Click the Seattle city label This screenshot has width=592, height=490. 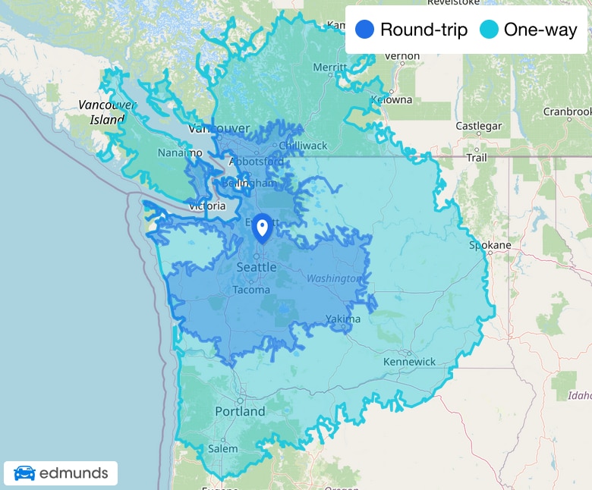click(257, 268)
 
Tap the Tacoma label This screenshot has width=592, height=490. click(251, 290)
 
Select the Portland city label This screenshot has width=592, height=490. click(240, 411)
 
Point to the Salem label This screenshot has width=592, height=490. click(222, 449)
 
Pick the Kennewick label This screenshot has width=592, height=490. click(410, 362)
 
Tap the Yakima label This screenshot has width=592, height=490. click(344, 319)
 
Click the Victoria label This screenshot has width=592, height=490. click(207, 206)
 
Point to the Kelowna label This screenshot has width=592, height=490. click(392, 99)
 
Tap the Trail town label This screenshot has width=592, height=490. click(477, 158)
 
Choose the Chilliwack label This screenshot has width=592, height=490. click(303, 146)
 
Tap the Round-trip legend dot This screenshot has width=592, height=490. click(364, 30)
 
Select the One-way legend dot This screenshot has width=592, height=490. click(489, 30)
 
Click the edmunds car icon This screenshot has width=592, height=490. click(24, 473)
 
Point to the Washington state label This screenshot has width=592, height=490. click(332, 278)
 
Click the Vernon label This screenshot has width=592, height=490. click(402, 55)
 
